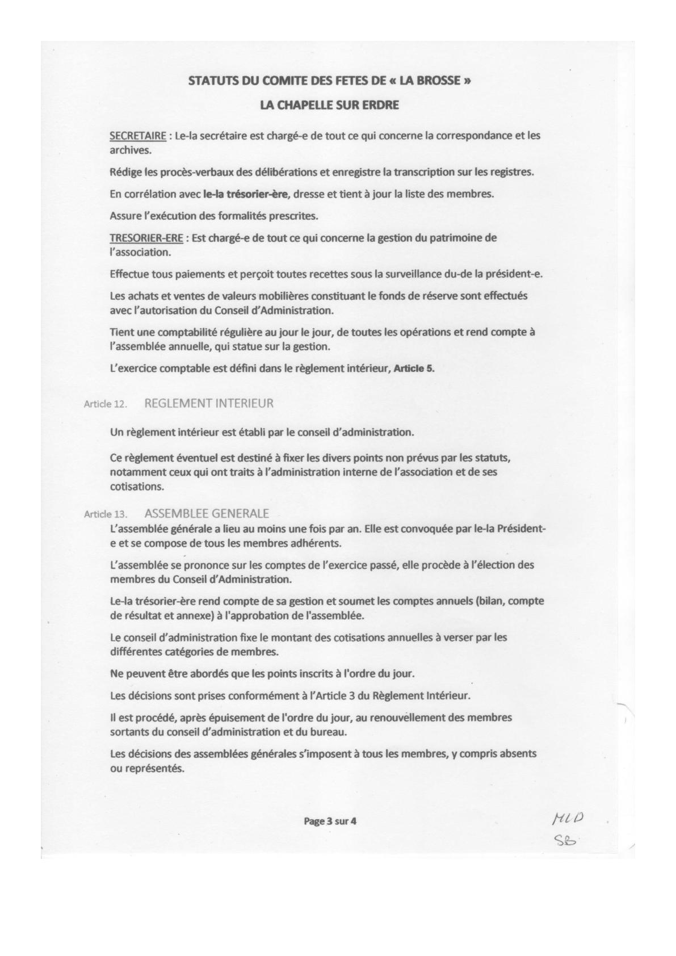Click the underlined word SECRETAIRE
pos(138,136)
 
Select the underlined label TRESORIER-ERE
pos(146,238)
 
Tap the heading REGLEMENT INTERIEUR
pos(209,404)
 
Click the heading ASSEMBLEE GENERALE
pos(207,514)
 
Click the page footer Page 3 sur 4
pos(330,820)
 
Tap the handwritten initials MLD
pos(568,819)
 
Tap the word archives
pos(130,150)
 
